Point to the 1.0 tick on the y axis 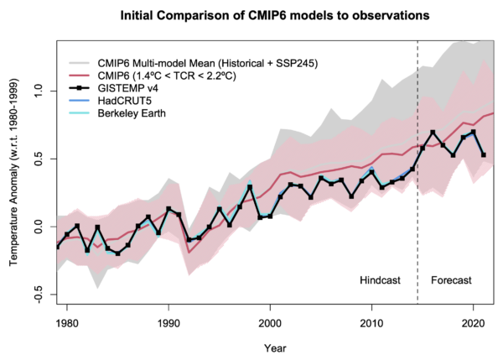38,90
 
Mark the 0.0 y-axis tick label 38,227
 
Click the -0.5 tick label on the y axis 38,296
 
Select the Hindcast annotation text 382,279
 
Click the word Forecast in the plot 451,279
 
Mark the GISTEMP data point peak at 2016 433,133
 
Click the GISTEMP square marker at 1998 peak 250,186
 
